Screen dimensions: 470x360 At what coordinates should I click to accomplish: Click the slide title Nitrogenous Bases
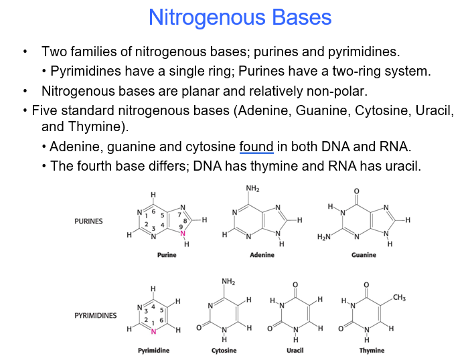point(240,17)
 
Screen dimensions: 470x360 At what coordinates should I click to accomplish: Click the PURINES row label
point(88,221)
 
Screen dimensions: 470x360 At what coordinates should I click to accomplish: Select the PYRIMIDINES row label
point(96,315)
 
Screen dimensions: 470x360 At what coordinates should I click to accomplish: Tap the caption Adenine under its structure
point(262,255)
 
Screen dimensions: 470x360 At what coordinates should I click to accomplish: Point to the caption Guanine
point(364,255)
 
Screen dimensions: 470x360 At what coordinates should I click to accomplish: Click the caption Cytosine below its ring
point(224,350)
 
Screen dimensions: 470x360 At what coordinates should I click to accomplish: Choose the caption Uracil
point(295,350)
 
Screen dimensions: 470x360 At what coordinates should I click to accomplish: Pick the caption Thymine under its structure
point(372,350)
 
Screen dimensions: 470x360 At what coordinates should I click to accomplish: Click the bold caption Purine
point(167,255)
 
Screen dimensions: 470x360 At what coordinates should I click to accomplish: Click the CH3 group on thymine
point(400,297)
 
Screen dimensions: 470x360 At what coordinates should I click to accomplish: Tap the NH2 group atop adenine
point(252,189)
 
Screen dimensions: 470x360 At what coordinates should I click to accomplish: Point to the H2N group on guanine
point(323,237)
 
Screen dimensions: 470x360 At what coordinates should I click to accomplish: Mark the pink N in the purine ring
point(182,234)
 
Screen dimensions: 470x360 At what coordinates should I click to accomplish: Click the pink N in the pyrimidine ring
point(153,331)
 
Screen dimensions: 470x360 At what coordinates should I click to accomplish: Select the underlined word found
point(254,147)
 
